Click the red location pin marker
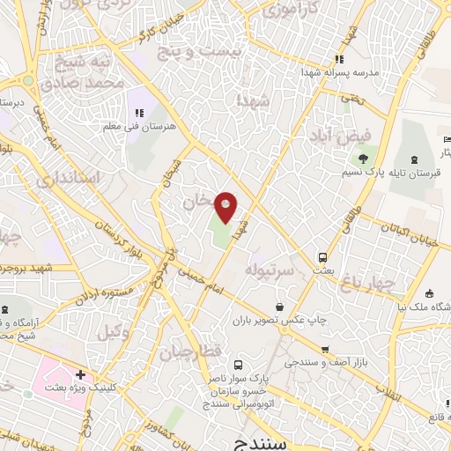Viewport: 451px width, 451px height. click(x=227, y=206)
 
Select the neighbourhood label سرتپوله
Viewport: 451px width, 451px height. click(x=269, y=268)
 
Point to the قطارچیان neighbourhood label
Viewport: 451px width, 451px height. click(x=190, y=352)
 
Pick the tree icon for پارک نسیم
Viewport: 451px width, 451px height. click(x=362, y=159)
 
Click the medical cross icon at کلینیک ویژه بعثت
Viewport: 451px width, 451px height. click(x=81, y=375)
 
